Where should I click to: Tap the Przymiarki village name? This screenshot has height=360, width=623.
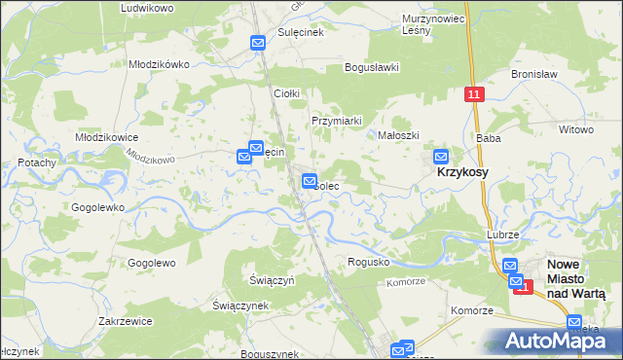pos(336,121)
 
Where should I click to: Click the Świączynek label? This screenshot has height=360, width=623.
pos(240,305)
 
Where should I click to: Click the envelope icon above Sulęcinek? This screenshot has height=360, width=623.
pos(258,43)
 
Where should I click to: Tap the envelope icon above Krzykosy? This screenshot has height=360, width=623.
pos(441,156)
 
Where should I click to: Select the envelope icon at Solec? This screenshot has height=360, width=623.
pos(310,180)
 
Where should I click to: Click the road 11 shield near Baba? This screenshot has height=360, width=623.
pos(473,94)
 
